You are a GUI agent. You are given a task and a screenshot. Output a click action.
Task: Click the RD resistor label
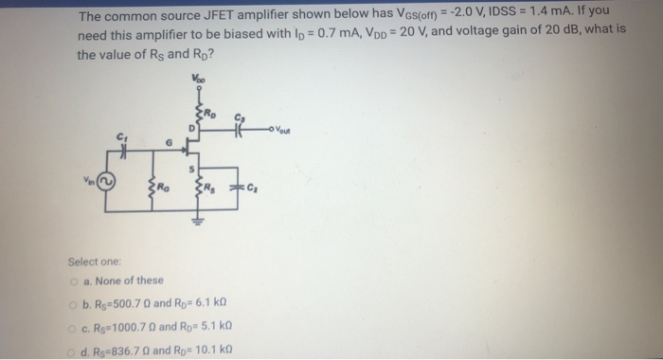(216, 111)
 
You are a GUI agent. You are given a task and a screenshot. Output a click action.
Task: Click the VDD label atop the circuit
(198, 79)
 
